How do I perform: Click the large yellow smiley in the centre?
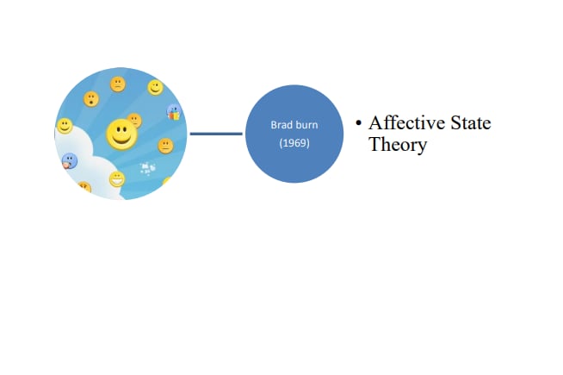121,134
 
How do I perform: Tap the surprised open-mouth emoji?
90,99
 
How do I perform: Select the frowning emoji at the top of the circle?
117,84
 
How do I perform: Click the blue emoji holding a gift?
174,112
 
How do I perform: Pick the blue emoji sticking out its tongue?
70,160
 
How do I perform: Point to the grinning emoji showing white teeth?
116,178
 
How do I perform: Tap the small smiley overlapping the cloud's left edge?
65,127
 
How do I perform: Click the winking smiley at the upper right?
155,87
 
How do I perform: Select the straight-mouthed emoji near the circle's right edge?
164,146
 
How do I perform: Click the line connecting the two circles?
216,134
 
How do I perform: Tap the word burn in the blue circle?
306,125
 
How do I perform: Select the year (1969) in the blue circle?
294,143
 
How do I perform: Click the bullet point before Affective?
359,124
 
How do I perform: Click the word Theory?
398,145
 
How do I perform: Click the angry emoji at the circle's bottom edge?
84,186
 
